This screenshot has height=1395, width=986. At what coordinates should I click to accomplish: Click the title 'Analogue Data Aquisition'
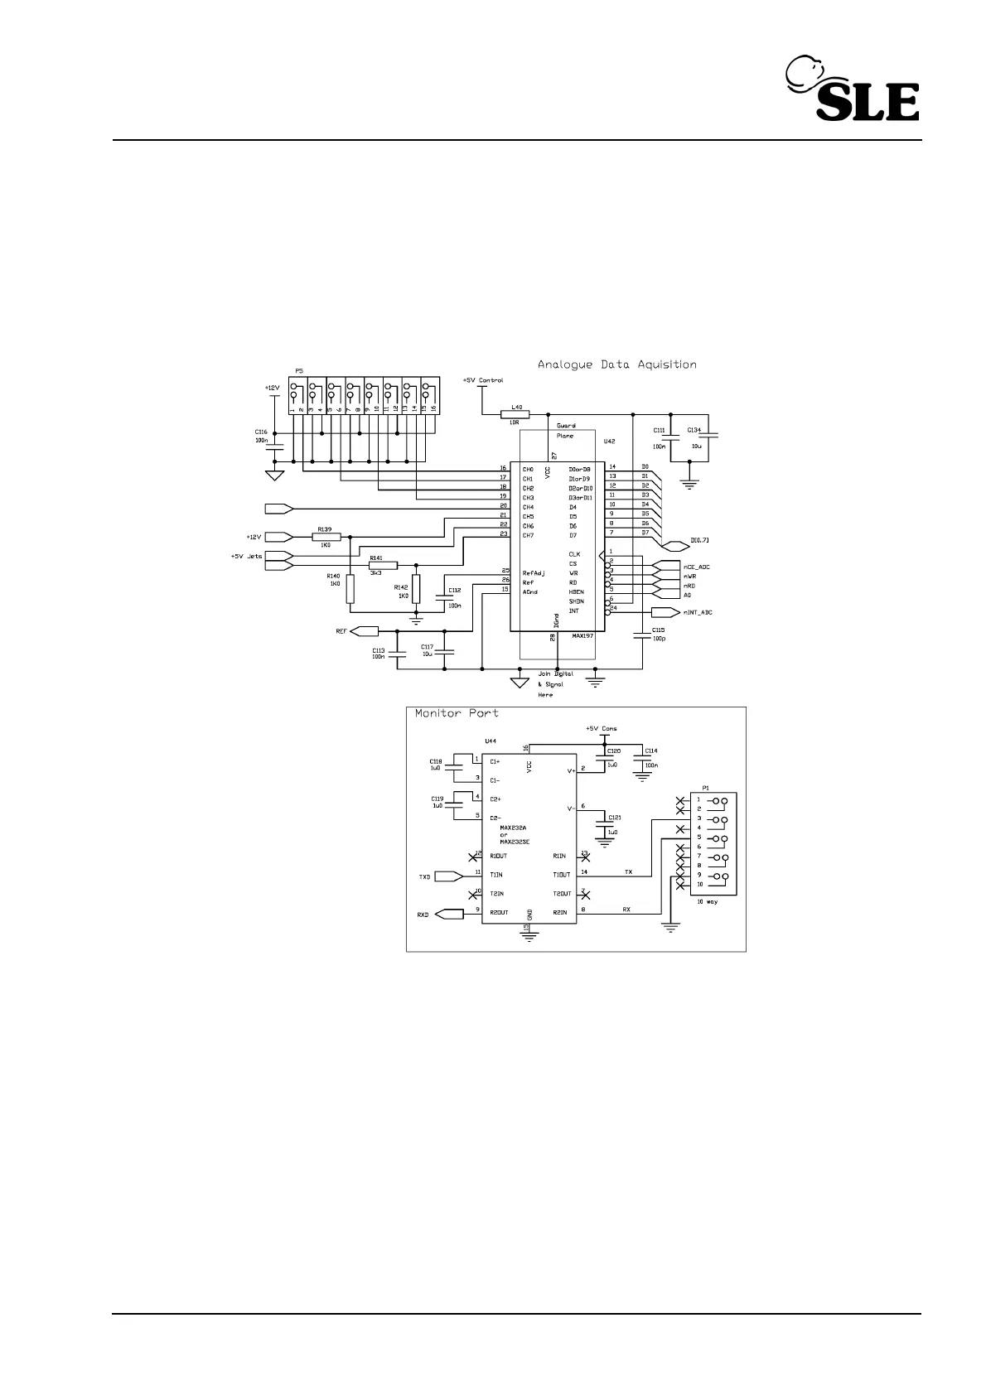click(x=616, y=364)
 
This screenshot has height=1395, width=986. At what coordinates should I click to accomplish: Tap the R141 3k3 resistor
click(x=384, y=565)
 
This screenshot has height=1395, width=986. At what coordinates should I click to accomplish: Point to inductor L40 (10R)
click(x=515, y=414)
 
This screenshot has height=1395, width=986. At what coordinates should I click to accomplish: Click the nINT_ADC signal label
click(x=697, y=613)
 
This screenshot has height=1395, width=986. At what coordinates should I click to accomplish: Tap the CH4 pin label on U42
click(x=528, y=507)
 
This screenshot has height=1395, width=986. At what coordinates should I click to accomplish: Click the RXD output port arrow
click(x=449, y=915)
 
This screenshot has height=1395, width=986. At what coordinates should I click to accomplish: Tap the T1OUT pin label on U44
click(x=561, y=876)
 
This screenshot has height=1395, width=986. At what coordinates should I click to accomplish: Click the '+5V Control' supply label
click(x=483, y=381)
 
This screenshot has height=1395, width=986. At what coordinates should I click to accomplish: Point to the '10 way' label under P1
click(x=707, y=901)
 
